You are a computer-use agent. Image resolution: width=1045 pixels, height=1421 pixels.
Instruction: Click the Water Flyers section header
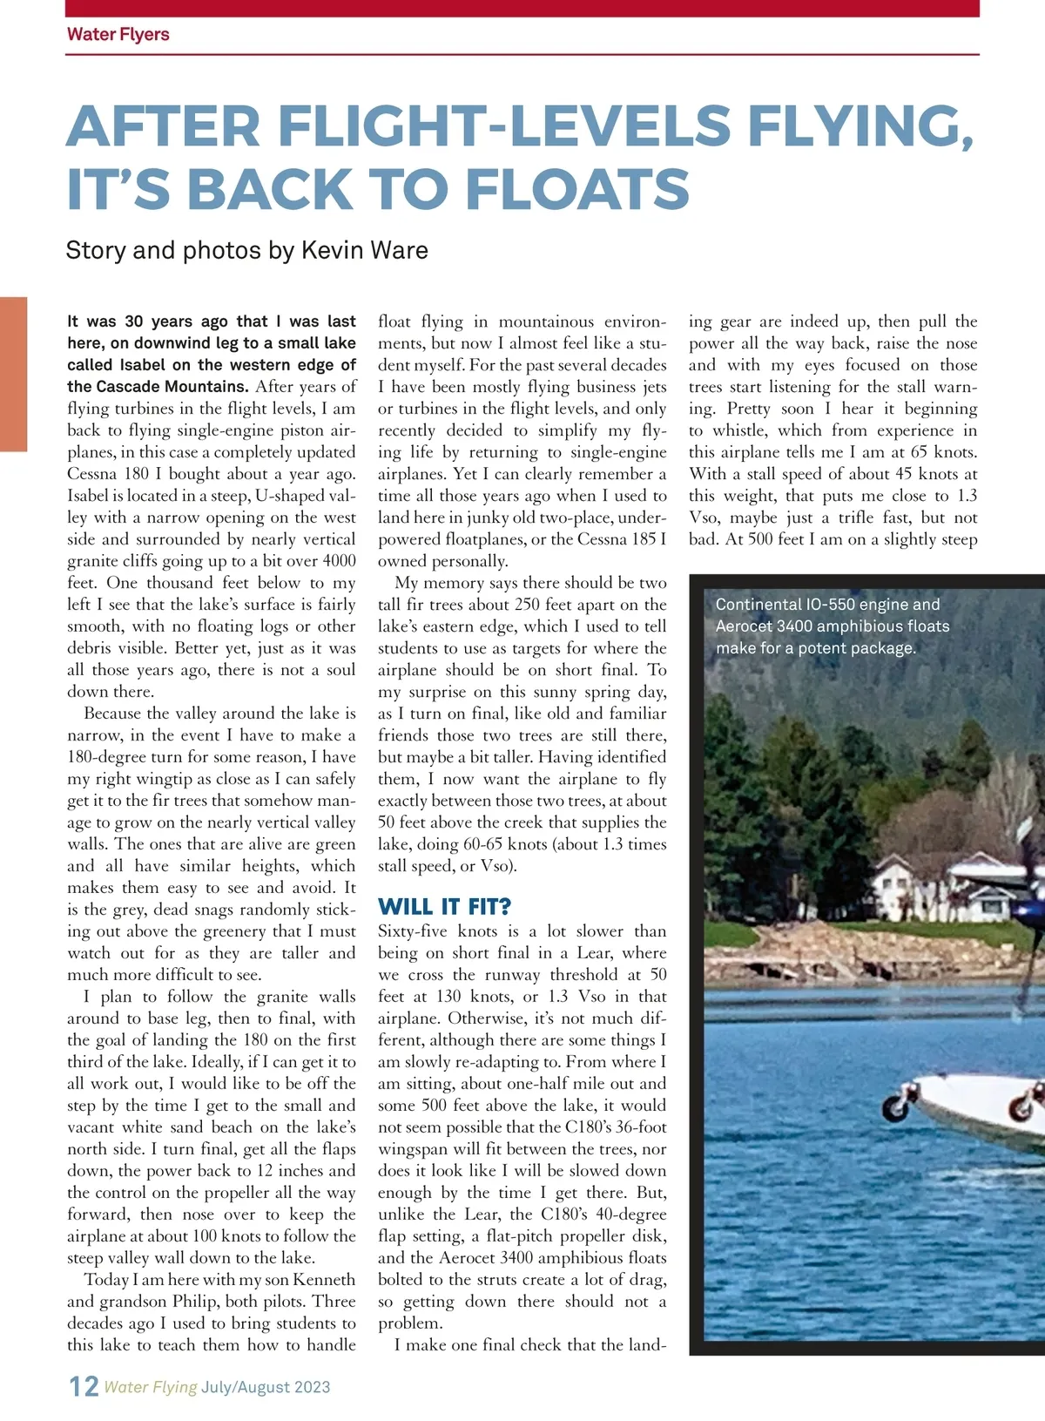pos(118,35)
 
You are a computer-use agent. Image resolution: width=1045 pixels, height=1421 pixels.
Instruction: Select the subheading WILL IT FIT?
pos(445,907)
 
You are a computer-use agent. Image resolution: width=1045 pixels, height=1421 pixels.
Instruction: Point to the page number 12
pos(84,1386)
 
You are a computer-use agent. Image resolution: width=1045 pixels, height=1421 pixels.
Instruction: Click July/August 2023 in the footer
pos(266,1387)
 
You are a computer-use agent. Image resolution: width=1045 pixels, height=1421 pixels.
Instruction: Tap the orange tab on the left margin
pos(13,374)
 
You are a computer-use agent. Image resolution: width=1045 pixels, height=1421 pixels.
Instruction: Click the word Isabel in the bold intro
pos(141,365)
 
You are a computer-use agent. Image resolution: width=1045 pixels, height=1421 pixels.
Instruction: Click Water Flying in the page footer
pos(151,1387)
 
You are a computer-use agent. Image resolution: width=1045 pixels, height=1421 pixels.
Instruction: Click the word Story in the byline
pos(96,251)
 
